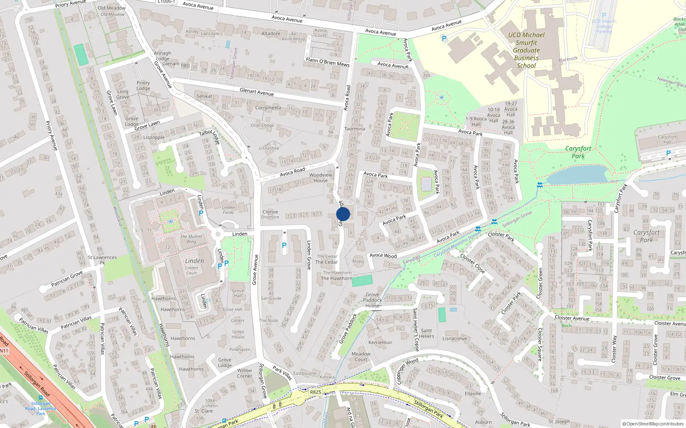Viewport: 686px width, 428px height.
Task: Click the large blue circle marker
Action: pyautogui.click(x=343, y=214)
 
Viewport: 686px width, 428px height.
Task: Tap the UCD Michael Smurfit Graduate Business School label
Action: pyautogui.click(x=526, y=50)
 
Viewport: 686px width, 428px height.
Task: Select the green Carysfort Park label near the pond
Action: pyautogui.click(x=578, y=152)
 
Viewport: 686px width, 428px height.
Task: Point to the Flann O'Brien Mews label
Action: pyautogui.click(x=328, y=62)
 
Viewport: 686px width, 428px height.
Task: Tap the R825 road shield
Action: pyautogui.click(x=315, y=392)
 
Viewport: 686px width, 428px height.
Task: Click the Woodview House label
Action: pyautogui.click(x=321, y=178)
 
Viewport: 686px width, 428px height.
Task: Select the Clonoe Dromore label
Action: pyautogui.click(x=270, y=214)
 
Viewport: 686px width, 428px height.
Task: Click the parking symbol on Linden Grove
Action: pyautogui.click(x=284, y=245)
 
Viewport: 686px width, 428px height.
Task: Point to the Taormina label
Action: pyautogui.click(x=355, y=129)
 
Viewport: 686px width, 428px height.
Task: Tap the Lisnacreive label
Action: pyautogui.click(x=454, y=339)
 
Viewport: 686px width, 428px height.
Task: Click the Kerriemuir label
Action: pyautogui.click(x=380, y=342)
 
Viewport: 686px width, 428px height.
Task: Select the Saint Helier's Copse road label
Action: pyautogui.click(x=415, y=330)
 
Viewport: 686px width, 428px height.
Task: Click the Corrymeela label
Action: pyautogui.click(x=268, y=108)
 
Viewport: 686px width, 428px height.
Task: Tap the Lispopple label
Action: pyautogui.click(x=154, y=137)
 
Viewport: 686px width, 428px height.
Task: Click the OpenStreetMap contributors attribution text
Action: pyautogui.click(x=652, y=424)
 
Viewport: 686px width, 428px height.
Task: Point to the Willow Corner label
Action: pyautogui.click(x=244, y=373)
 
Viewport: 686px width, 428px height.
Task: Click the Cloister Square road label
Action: pyautogui.click(x=540, y=345)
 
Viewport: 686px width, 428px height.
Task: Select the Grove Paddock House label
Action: pyautogui.click(x=372, y=300)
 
